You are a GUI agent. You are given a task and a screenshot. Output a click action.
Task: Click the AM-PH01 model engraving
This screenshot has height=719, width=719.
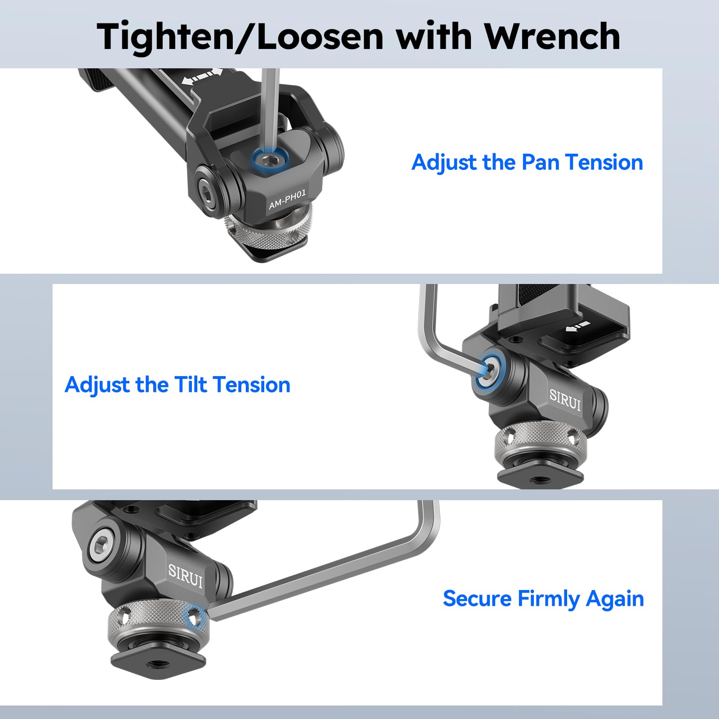click(287, 199)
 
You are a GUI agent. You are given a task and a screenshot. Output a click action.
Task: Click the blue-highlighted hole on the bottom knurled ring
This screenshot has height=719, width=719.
click(195, 615)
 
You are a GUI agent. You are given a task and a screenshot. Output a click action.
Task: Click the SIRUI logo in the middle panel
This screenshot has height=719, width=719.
click(565, 400)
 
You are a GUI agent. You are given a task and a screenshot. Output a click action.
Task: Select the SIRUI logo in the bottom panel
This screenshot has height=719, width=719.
click(185, 576)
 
